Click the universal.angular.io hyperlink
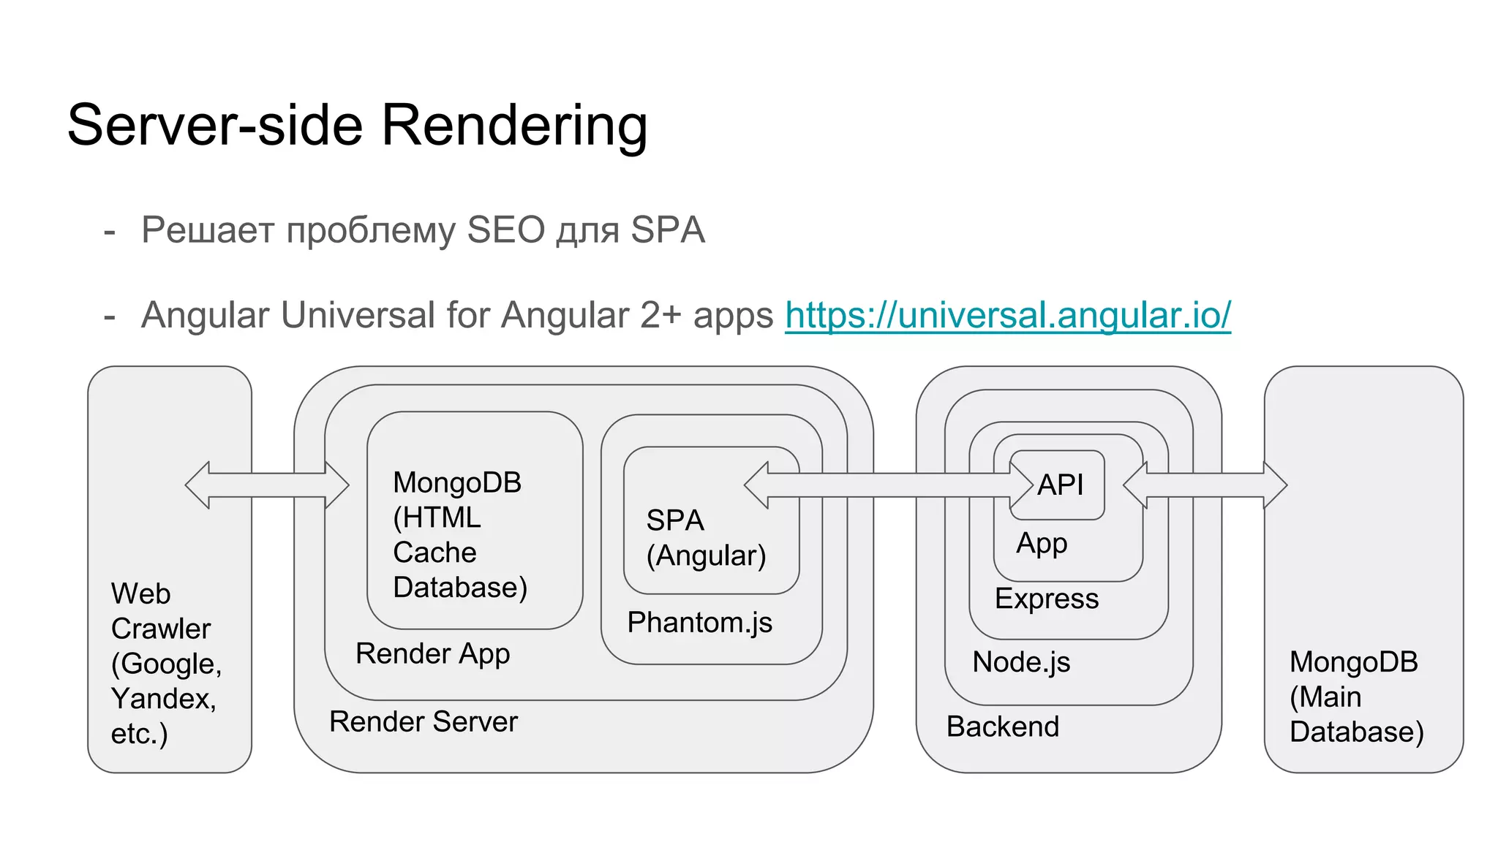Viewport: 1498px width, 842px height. (1007, 316)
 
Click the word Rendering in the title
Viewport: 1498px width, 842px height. (514, 126)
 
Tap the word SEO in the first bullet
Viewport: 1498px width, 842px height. (505, 230)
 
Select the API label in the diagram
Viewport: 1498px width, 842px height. (1060, 485)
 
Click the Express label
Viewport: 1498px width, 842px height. (1046, 599)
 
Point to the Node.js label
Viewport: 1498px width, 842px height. (1021, 662)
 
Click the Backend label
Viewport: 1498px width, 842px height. (1002, 727)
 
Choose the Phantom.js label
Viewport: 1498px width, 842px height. (699, 623)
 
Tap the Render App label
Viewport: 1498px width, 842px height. (432, 653)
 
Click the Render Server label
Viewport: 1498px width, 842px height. (423, 722)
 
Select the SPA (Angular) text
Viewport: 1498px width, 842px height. (705, 538)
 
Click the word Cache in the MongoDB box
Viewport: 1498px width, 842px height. (434, 553)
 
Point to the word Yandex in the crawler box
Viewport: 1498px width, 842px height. (162, 699)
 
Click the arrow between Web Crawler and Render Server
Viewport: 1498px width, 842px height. (267, 485)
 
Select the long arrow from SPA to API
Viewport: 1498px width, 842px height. (888, 485)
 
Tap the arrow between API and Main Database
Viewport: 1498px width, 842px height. (1205, 485)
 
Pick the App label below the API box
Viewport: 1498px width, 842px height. (1042, 544)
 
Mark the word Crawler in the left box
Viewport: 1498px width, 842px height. (161, 629)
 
